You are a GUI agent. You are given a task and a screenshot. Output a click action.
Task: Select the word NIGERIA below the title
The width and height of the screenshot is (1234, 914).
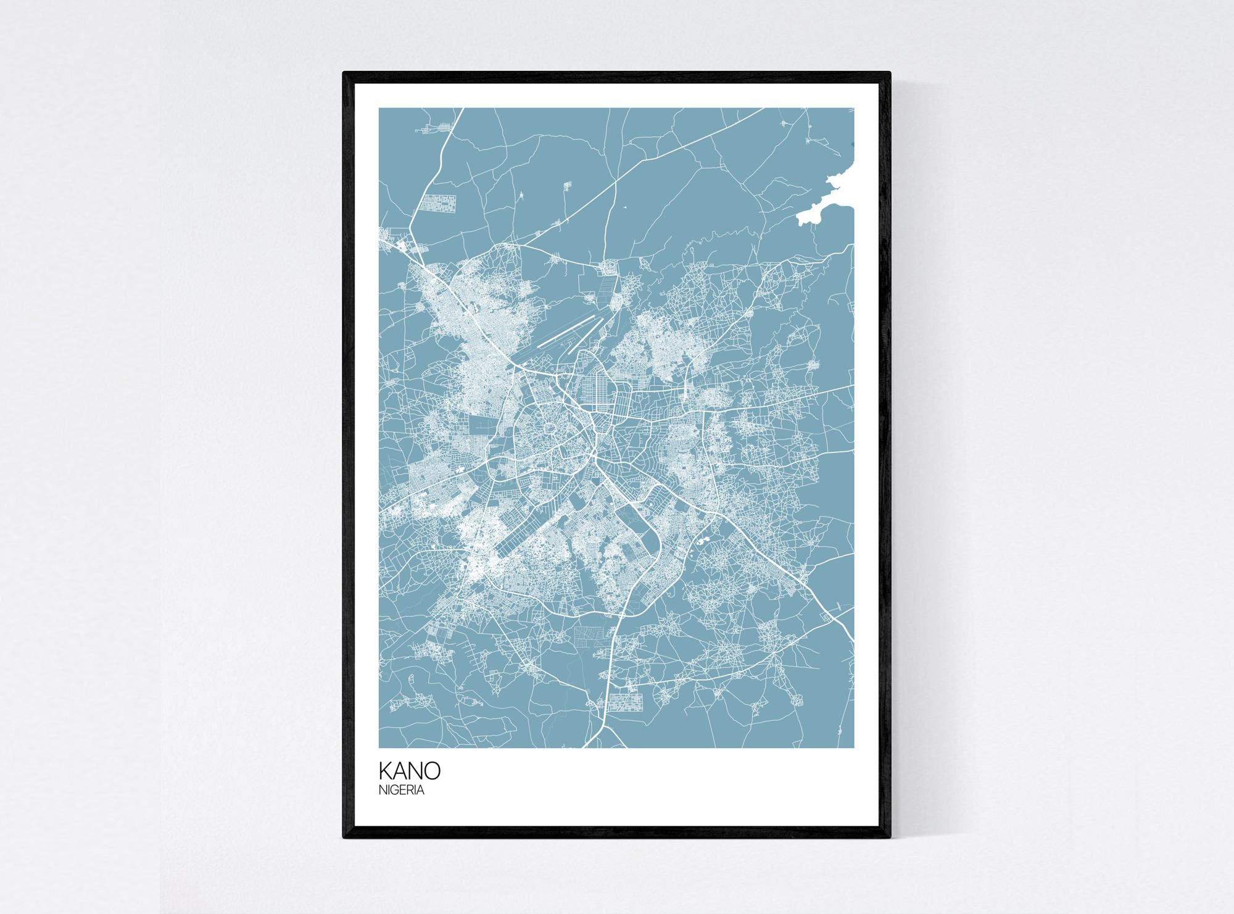401,790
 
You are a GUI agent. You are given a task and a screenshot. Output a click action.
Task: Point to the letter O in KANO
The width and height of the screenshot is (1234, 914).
432,771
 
